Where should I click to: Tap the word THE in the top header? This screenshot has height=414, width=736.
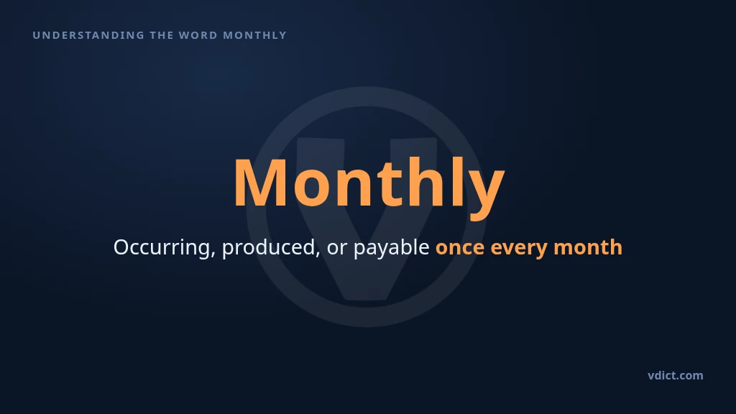tap(162, 35)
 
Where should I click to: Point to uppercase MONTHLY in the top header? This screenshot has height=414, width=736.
tap(254, 35)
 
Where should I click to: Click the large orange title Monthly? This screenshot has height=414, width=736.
tap(369, 186)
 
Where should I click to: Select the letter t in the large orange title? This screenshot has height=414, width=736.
tap(392, 185)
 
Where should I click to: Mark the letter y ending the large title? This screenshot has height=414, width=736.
tap(485, 195)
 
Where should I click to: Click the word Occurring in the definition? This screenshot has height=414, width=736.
tap(162, 247)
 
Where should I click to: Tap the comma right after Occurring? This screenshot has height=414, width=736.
tap(213, 254)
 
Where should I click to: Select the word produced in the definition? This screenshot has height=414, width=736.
tap(268, 247)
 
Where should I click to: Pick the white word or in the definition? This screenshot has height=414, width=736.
tap(336, 249)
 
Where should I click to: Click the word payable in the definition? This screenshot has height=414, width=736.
tap(391, 247)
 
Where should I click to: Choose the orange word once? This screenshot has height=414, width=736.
tap(460, 249)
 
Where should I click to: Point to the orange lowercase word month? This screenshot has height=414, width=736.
tap(588, 247)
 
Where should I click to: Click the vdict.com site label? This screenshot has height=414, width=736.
tap(676, 375)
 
